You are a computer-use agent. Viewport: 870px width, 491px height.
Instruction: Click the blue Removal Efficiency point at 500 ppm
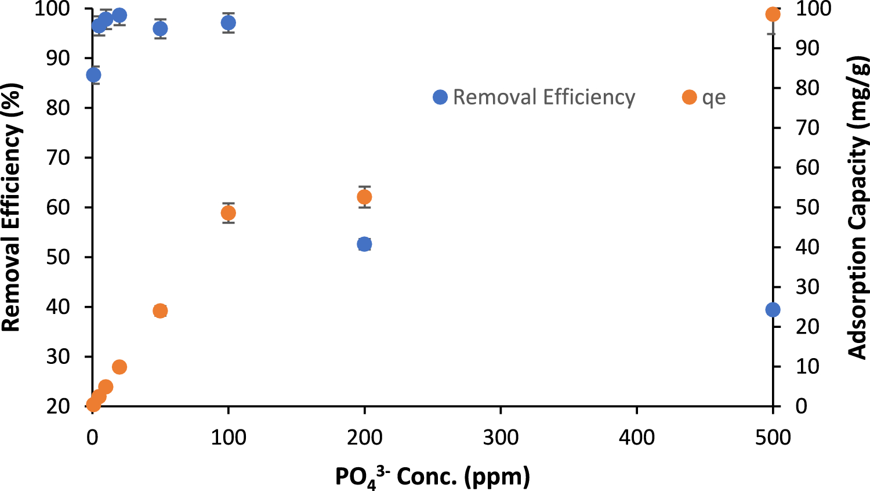pos(773,310)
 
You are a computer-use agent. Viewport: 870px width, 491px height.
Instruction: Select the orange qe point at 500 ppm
pos(773,15)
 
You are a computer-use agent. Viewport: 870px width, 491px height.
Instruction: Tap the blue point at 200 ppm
pos(364,244)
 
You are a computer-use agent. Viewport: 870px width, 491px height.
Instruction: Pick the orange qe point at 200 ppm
pos(364,197)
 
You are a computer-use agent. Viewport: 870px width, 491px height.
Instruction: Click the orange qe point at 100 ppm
pos(229,213)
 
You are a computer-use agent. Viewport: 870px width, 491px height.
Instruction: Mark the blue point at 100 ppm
pos(229,23)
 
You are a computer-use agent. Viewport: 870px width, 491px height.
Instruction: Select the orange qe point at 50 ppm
pos(160,311)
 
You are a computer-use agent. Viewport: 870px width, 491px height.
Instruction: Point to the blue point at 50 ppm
pos(160,29)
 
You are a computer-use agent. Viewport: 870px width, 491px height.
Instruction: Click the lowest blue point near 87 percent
pos(93,75)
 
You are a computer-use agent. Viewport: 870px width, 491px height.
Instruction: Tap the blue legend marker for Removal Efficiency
pos(440,98)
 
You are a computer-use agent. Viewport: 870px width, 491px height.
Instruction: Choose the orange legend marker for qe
pos(689,98)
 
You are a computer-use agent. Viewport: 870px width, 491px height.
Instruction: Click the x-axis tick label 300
pos(501,437)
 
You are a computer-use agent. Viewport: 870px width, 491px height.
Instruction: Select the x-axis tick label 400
pos(637,437)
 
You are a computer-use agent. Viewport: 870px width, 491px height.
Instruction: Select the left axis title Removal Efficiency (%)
pos(12,207)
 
